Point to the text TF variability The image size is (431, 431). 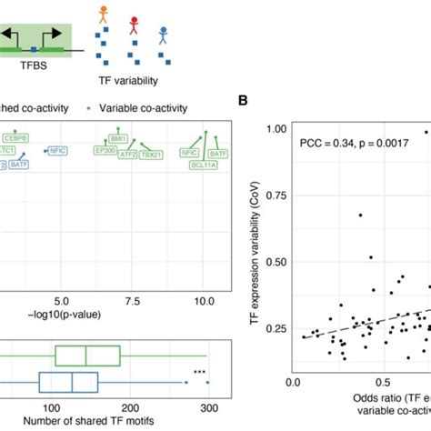click(x=125, y=78)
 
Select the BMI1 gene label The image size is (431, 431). click(x=116, y=139)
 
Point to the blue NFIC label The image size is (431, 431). click(x=56, y=151)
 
